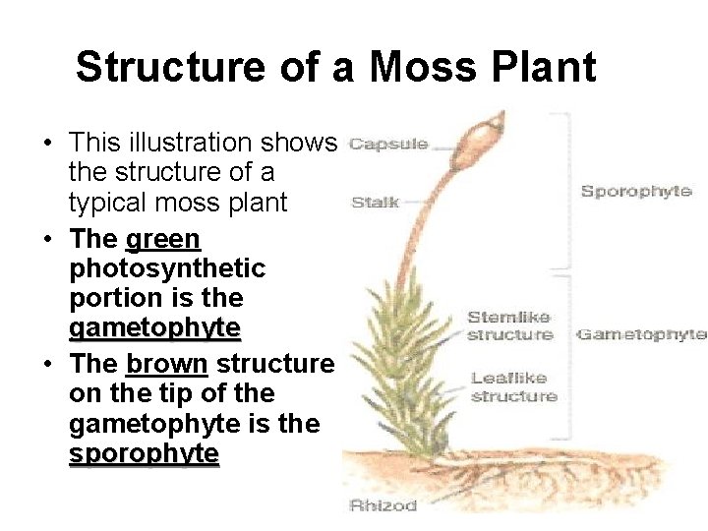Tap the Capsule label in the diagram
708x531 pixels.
[388, 144]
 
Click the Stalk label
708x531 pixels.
[376, 203]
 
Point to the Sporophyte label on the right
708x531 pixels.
[636, 191]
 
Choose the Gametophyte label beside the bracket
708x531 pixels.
[641, 334]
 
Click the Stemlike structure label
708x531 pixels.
[509, 325]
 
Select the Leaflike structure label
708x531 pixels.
[513, 386]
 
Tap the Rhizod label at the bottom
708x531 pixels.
[383, 505]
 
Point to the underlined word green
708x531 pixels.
[163, 239]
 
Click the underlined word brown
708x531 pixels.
[167, 364]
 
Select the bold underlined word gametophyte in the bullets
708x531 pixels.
[154, 327]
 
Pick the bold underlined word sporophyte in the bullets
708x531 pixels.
[144, 454]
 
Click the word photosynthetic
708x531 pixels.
[167, 268]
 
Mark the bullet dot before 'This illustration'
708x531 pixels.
[47, 144]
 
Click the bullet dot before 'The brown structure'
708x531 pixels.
[47, 365]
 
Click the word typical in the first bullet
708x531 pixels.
[109, 204]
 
